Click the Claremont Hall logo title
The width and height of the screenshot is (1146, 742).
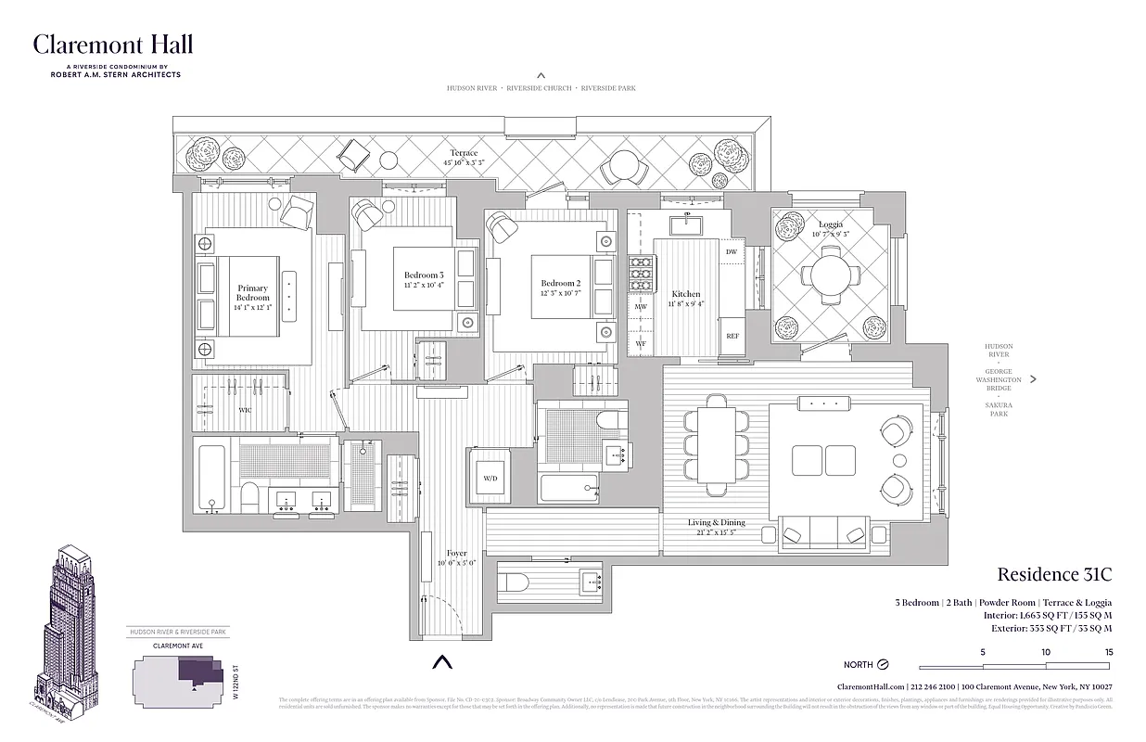pyautogui.click(x=113, y=45)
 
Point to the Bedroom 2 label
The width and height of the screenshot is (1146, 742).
pyautogui.click(x=561, y=288)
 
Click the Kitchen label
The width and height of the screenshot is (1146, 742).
pyautogui.click(x=686, y=299)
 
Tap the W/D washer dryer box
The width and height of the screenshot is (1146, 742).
pyautogui.click(x=489, y=479)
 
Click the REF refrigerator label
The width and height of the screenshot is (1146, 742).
pyautogui.click(x=732, y=337)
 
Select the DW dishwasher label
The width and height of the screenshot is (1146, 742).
pyautogui.click(x=732, y=252)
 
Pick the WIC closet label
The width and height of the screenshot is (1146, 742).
pyautogui.click(x=245, y=409)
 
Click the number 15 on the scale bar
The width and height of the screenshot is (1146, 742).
pyautogui.click(x=1108, y=652)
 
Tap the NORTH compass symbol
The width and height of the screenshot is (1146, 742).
pyautogui.click(x=883, y=664)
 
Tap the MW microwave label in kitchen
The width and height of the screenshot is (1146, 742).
pyautogui.click(x=641, y=306)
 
